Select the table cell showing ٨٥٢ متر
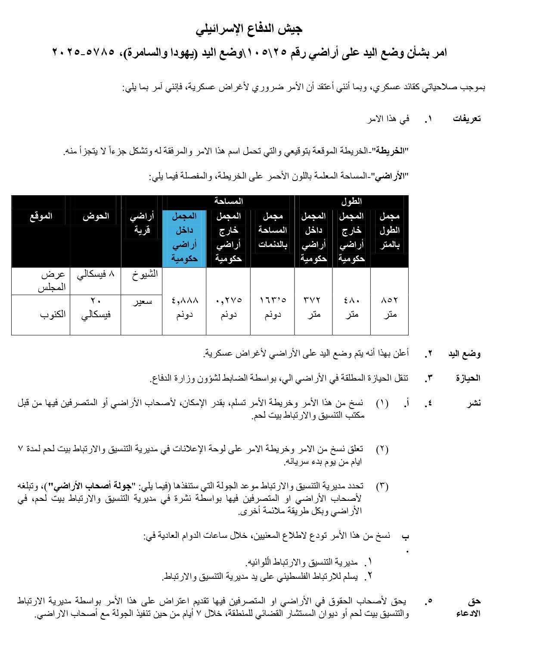[389, 306]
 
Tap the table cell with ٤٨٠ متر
[351, 306]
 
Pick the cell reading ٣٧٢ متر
[314, 306]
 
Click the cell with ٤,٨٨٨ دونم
[184, 306]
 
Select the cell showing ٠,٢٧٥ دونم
[228, 306]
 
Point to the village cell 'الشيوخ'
[144, 275]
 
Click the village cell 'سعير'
[142, 301]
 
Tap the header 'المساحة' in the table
[228, 201]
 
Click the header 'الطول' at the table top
[351, 201]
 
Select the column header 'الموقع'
[41, 216]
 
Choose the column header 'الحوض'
[96, 216]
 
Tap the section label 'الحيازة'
[468, 378]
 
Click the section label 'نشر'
[474, 403]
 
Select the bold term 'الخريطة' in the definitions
[390, 151]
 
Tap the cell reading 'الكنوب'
[53, 314]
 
